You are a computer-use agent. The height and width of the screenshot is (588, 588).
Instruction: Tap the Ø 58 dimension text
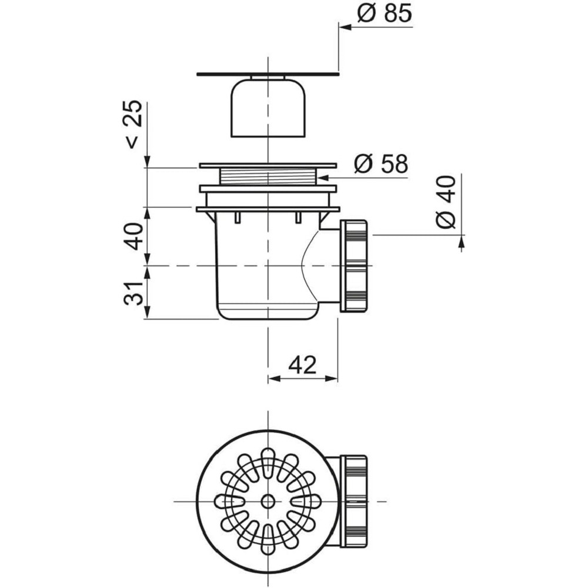[380, 164]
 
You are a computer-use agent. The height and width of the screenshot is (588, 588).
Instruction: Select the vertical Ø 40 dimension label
[447, 202]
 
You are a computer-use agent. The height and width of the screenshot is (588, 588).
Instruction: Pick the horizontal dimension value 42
[303, 365]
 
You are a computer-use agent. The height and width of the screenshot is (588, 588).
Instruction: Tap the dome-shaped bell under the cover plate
[268, 108]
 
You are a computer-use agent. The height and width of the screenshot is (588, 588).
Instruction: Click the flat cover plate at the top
[268, 74]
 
